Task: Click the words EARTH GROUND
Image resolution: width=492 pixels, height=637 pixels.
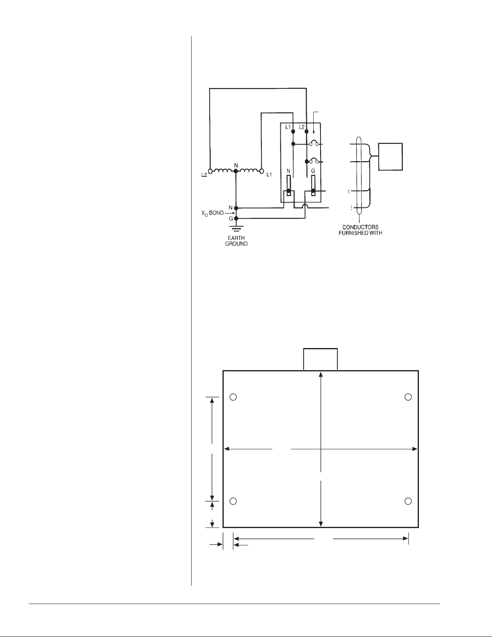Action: click(236, 241)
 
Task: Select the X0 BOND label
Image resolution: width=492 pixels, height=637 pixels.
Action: click(212, 213)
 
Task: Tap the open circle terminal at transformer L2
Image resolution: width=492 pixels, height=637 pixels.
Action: click(210, 171)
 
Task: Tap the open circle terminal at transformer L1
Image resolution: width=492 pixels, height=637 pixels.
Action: click(262, 171)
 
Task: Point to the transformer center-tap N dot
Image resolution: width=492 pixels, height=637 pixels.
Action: click(236, 171)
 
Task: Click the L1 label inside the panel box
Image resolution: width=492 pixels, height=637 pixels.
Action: click(288, 127)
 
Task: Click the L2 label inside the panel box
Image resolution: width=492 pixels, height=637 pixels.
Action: click(302, 127)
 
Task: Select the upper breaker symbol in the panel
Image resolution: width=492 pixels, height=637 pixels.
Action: click(314, 143)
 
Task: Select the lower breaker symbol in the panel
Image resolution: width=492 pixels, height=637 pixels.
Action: click(314, 161)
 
